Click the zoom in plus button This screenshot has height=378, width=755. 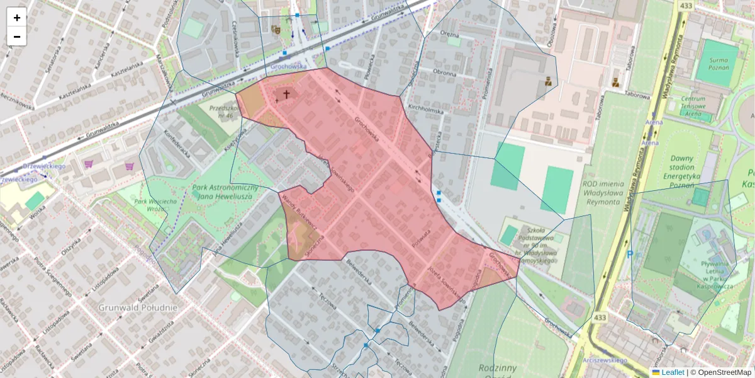(17, 18)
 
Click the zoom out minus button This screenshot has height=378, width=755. (17, 37)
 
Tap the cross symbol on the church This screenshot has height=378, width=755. (286, 94)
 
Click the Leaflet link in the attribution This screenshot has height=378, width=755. (671, 372)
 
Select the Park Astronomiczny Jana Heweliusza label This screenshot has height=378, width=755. (225, 193)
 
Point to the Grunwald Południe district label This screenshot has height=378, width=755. (138, 307)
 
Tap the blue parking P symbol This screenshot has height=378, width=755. (630, 255)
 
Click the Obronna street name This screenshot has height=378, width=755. (445, 72)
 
